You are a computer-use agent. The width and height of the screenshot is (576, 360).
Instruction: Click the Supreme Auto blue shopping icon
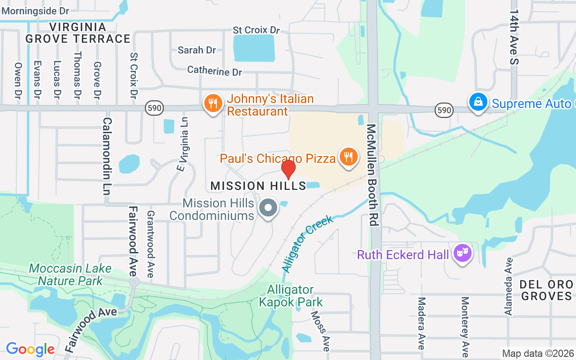click(x=478, y=102)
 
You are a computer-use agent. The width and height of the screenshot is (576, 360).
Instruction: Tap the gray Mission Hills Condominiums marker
click(x=269, y=208)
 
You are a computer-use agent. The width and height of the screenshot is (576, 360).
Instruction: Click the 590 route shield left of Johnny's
click(x=154, y=108)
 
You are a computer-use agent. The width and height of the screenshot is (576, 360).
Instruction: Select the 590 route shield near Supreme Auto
click(x=444, y=109)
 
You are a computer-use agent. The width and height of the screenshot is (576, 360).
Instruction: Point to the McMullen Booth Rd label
click(x=372, y=175)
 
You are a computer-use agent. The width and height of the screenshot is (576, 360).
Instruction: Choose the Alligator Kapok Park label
click(x=291, y=296)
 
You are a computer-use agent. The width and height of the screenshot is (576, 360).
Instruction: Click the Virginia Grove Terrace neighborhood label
click(x=78, y=33)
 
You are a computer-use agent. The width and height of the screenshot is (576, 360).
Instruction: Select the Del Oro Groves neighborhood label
click(x=546, y=290)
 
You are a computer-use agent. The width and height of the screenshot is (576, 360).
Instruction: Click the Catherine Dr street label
click(x=215, y=71)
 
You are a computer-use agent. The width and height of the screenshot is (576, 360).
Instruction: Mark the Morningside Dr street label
click(x=35, y=10)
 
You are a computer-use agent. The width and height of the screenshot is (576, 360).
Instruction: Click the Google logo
click(x=31, y=349)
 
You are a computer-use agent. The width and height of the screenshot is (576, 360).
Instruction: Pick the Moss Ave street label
click(x=321, y=331)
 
